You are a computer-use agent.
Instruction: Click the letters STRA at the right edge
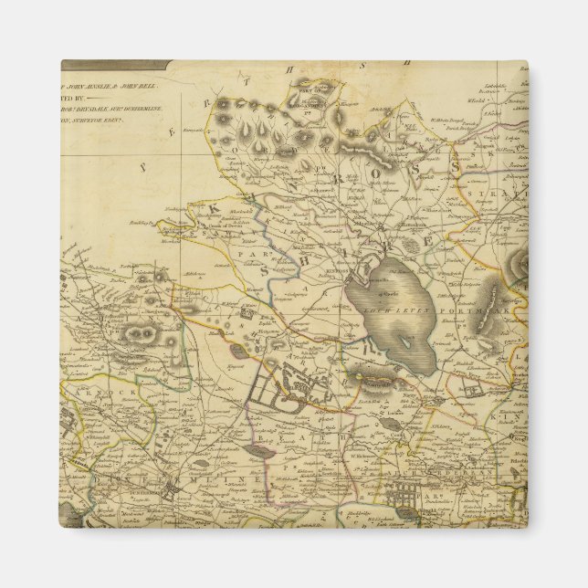pyautogui.click(x=511, y=194)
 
